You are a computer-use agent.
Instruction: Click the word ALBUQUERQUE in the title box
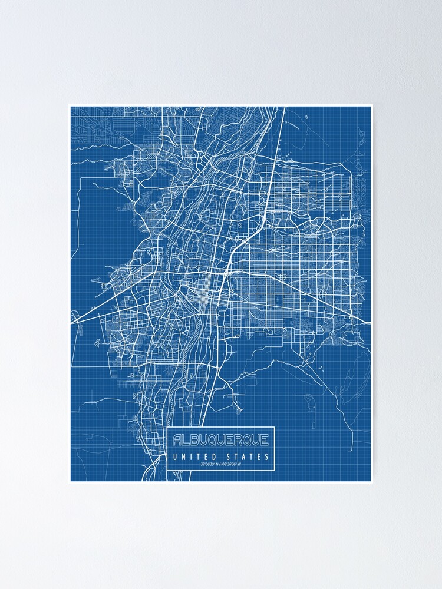[x=220, y=439]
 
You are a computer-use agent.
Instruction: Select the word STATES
[x=248, y=456]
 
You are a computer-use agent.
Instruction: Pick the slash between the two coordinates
[x=221, y=464]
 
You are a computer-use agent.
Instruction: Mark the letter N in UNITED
[x=180, y=456]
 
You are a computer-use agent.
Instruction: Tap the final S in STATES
[x=268, y=456]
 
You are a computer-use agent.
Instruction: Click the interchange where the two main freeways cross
[x=225, y=273]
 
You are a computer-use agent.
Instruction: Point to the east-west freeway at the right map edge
[x=370, y=323]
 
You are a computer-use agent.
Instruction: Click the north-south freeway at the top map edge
[x=284, y=108]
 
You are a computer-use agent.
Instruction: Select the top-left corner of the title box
[x=167, y=427]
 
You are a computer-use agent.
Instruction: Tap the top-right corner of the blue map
[x=371, y=107]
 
